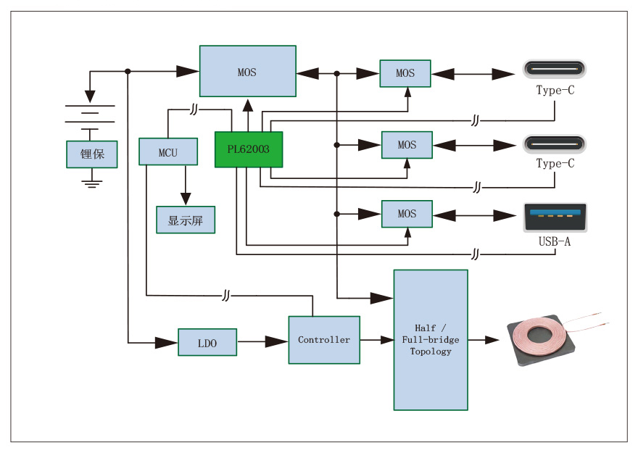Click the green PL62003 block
248,149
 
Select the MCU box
168,152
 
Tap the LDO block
207,342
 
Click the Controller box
324,340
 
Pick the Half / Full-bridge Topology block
431,340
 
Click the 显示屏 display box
186,220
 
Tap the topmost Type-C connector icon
555,70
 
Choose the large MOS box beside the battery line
247,71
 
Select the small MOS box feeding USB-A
407,214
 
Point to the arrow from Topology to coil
485,339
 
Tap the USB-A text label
555,241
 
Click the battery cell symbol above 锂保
90,115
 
